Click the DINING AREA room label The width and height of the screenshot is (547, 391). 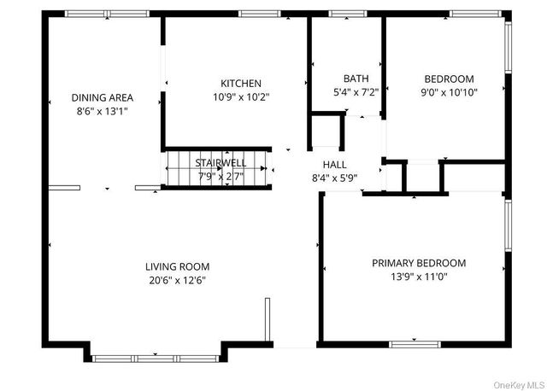(x=103, y=97)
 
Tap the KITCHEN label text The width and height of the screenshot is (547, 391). (x=241, y=84)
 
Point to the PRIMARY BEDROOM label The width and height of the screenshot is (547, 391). (x=419, y=263)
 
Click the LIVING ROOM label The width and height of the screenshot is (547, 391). (x=177, y=266)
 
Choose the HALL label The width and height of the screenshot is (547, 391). (x=334, y=165)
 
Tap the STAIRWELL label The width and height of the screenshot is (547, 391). (x=221, y=162)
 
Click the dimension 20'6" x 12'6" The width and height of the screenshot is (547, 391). (x=177, y=280)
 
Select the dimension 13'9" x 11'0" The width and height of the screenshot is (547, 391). (x=419, y=277)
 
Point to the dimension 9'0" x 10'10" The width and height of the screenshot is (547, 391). (x=449, y=92)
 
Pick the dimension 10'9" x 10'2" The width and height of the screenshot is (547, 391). (x=241, y=97)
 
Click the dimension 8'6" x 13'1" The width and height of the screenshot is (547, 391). (x=103, y=111)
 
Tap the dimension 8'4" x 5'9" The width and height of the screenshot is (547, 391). (x=334, y=178)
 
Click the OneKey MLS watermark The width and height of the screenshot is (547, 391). (x=515, y=382)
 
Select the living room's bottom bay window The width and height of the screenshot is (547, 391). (x=155, y=358)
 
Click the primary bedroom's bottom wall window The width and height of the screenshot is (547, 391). (x=415, y=344)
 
